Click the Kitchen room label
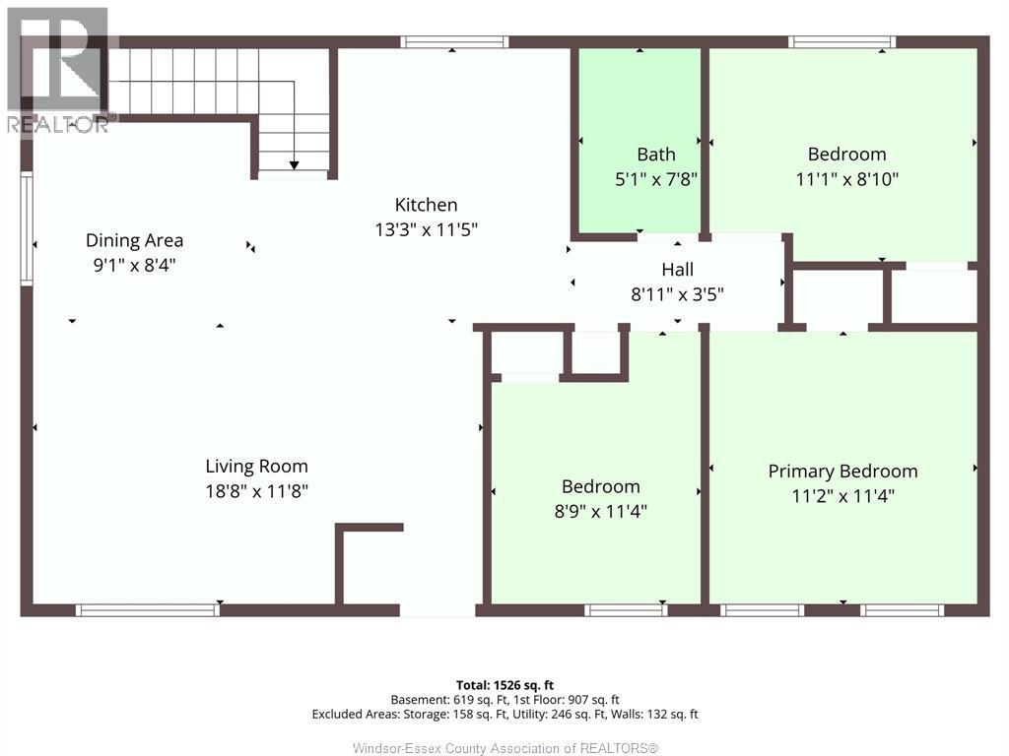tap(426, 205)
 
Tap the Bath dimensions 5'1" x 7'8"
tap(656, 179)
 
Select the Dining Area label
tap(134, 240)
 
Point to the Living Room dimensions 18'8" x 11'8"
tap(257, 491)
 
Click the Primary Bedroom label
tap(843, 472)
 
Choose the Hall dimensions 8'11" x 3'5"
tap(678, 294)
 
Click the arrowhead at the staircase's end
tap(294, 165)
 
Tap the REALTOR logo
tap(59, 70)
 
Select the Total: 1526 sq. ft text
tap(504, 685)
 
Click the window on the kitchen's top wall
tap(454, 42)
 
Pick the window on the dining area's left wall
tap(27, 228)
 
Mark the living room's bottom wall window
tap(148, 610)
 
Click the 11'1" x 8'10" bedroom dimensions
tap(846, 179)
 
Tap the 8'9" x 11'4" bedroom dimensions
tap(600, 511)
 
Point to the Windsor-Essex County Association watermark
tap(505, 748)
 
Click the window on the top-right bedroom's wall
tap(842, 42)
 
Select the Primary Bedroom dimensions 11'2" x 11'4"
tap(843, 496)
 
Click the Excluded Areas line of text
tap(504, 715)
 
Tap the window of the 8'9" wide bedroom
tap(626, 610)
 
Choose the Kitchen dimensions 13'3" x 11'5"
tap(426, 229)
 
